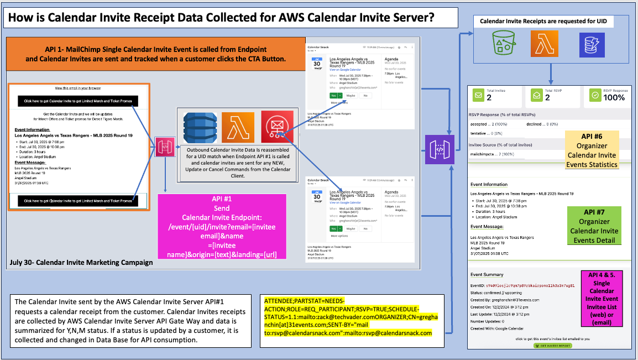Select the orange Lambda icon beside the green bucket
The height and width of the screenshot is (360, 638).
tap(544, 44)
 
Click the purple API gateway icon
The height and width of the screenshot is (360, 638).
tap(440, 149)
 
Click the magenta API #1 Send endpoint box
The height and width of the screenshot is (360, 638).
tap(222, 226)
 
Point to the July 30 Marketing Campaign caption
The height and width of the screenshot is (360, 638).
tap(81, 262)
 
